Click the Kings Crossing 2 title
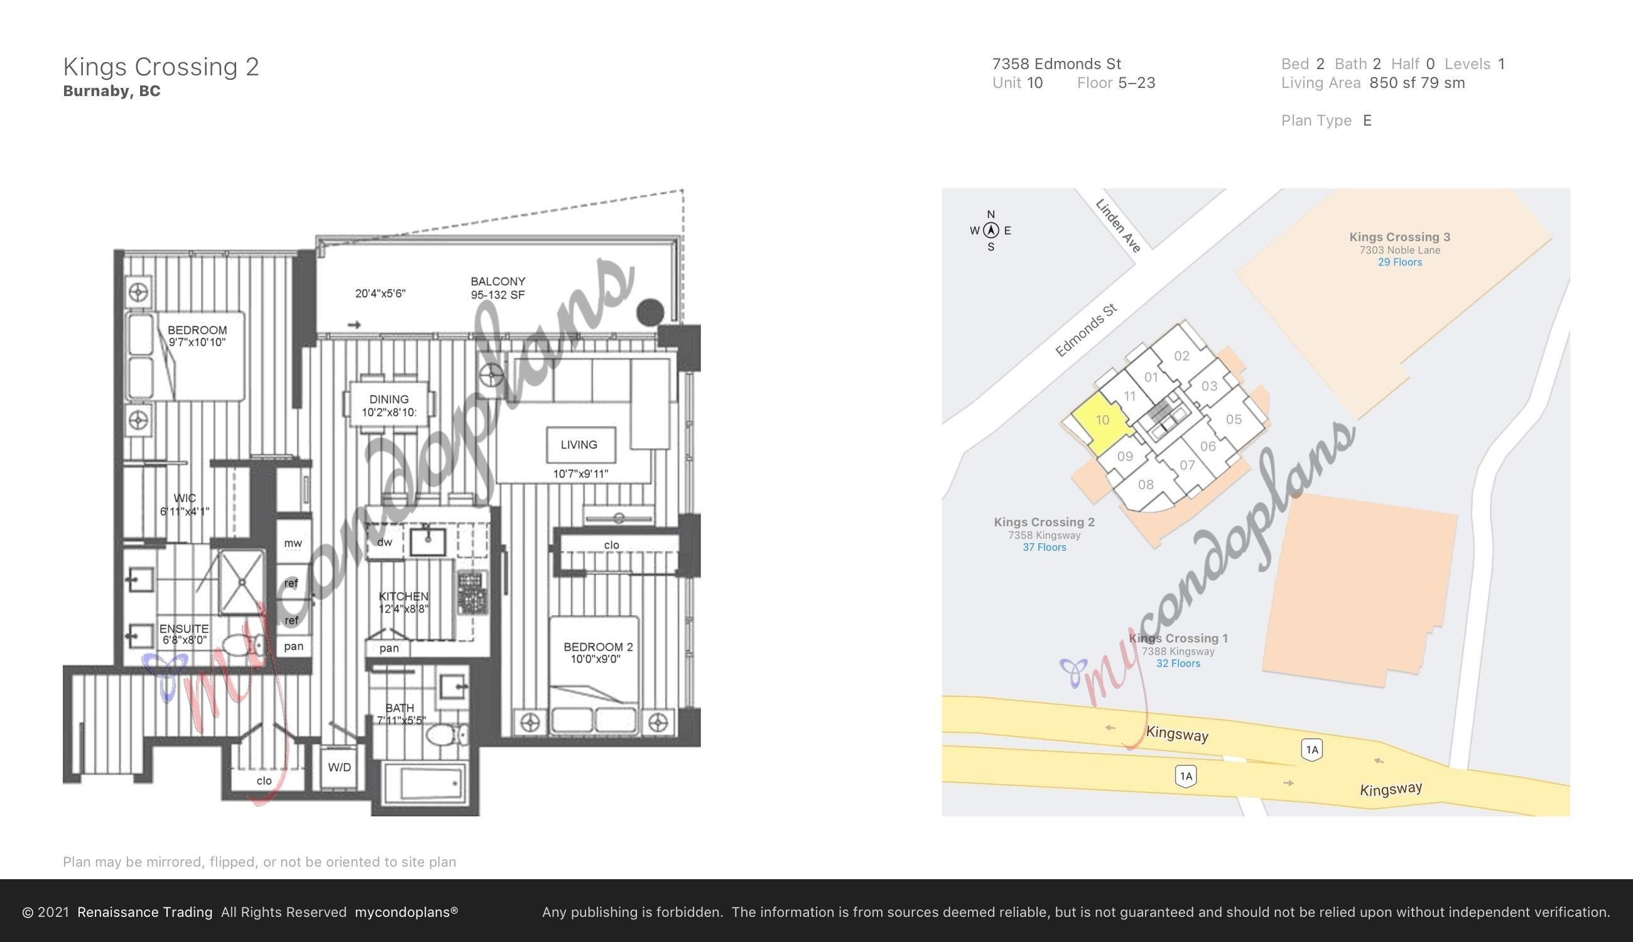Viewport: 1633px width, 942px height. click(x=161, y=67)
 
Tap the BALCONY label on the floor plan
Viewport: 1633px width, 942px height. click(x=497, y=281)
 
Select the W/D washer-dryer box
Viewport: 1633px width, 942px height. click(x=339, y=767)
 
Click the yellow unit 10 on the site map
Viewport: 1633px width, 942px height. click(x=1100, y=423)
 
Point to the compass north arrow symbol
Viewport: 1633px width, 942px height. click(x=990, y=230)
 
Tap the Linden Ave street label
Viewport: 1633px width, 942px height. click(x=1118, y=225)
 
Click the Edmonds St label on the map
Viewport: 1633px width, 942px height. click(x=1087, y=330)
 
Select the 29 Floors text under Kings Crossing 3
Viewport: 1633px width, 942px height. click(x=1399, y=262)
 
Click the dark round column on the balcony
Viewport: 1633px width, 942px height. click(x=650, y=312)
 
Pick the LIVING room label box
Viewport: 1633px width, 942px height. click(x=580, y=445)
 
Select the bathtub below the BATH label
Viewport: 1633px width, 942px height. click(x=426, y=784)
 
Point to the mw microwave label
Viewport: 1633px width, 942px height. click(x=293, y=543)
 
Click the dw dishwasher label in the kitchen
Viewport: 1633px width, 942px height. click(x=384, y=542)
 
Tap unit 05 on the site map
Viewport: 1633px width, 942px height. click(x=1234, y=420)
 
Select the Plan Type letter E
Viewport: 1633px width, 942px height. click(x=1367, y=121)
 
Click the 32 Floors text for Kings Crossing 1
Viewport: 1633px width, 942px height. click(x=1178, y=663)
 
